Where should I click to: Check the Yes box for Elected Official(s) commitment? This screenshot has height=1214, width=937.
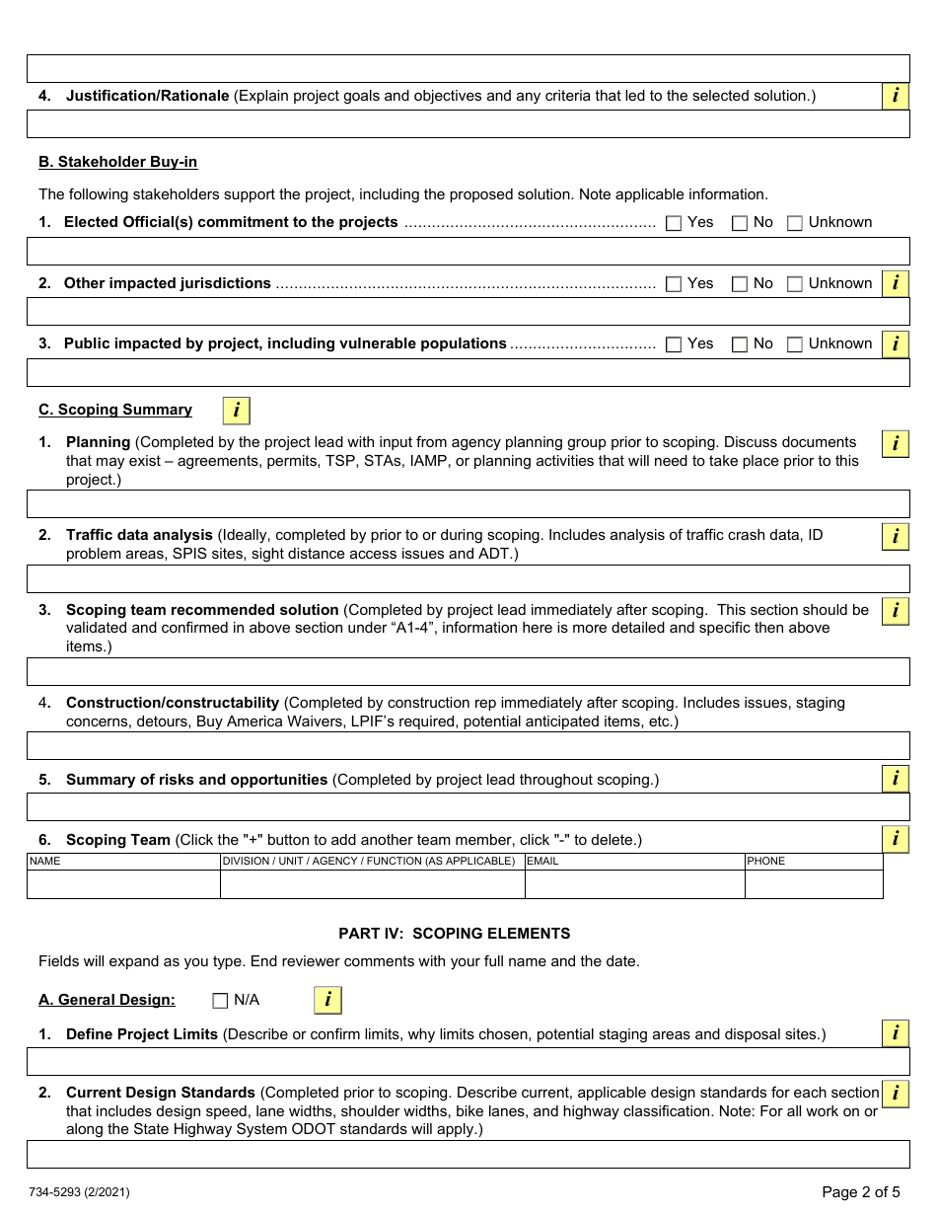pos(674,223)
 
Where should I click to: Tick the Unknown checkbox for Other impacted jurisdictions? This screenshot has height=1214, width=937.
pos(795,284)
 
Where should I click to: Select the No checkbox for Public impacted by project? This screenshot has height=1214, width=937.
pos(739,344)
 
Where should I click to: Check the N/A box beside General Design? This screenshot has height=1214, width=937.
pos(220,1001)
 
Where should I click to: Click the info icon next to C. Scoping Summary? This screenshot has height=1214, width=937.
pos(236,411)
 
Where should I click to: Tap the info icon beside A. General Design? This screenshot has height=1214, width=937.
pos(327,1001)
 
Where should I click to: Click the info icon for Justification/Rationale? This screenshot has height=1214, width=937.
pos(895,96)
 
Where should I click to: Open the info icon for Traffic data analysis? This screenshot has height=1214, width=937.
pos(895,537)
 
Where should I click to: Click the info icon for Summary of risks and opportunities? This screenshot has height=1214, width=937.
pos(895,779)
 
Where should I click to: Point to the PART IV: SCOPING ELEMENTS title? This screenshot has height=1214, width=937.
pos(454,934)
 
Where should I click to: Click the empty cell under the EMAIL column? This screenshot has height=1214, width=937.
pos(634,884)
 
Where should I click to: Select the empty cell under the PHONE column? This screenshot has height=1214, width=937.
pos(813,884)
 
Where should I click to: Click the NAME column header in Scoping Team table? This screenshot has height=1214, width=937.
pos(45,862)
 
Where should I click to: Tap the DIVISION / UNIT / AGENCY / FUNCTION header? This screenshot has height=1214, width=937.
pos(369,862)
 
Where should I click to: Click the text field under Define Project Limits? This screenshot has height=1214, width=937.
pos(468,1062)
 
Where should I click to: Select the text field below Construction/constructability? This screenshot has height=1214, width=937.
pos(468,745)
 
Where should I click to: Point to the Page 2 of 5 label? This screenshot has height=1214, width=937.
pos(860,1192)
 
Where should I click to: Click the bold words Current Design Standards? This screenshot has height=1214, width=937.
pos(161,1093)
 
